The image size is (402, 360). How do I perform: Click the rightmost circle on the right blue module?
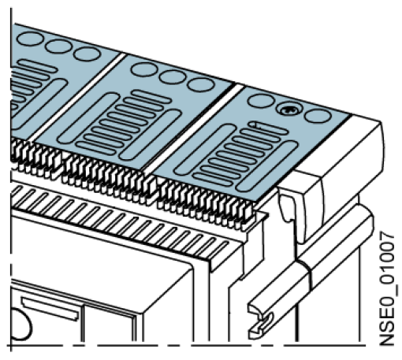tap(316, 117)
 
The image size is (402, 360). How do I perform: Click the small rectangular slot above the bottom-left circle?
tap(50, 308)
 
